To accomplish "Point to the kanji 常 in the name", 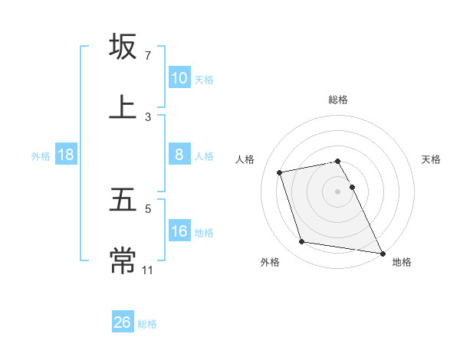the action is point(123,261).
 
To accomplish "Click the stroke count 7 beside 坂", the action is point(148,56).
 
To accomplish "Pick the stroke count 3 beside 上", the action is point(148,116).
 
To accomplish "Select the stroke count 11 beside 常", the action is point(149,270).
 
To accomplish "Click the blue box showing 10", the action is point(179,78).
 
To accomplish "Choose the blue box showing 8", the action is point(179,155).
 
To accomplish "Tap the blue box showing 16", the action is point(179,231).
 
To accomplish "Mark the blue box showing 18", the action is point(66,155).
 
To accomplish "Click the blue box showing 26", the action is point(123,322).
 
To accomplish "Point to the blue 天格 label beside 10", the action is point(204,79).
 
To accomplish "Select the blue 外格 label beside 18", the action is point(41,155).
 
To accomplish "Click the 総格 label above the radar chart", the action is point(338,100).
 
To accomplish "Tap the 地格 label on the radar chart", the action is point(402,263).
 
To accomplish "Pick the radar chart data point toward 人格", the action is point(281,172).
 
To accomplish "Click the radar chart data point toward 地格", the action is point(382,252).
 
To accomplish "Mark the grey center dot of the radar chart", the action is point(338,191).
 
